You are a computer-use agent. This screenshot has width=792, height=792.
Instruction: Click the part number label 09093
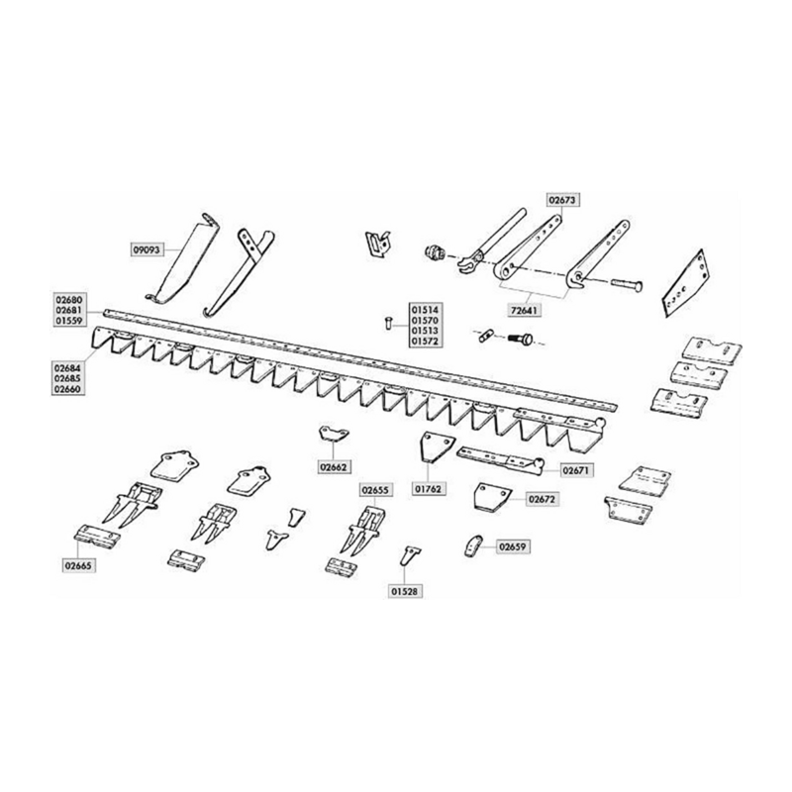(148, 249)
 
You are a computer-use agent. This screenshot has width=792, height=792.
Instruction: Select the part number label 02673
(562, 200)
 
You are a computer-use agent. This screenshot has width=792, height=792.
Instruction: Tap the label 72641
(524, 310)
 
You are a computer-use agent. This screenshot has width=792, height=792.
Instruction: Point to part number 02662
(335, 467)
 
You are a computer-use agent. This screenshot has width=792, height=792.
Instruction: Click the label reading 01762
(429, 489)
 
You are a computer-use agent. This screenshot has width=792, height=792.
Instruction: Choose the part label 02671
(576, 471)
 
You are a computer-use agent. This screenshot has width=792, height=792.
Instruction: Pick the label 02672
(542, 500)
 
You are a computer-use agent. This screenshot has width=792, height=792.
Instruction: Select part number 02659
(513, 547)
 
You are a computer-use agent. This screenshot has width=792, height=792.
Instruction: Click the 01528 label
(405, 591)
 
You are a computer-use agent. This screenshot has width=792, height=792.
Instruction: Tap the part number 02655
(376, 490)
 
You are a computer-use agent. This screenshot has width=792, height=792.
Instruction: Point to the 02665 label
(79, 565)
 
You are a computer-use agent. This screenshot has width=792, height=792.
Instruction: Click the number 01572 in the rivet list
(425, 342)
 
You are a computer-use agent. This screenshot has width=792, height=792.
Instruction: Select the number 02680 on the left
(69, 300)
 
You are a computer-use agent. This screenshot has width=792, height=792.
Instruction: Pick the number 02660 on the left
(67, 389)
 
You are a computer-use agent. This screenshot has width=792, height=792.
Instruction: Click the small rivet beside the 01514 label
(387, 322)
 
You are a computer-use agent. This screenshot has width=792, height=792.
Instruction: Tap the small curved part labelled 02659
(472, 545)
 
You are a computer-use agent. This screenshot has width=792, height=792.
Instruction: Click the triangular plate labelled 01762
(437, 446)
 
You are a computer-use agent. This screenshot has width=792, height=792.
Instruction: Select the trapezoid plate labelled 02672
(491, 497)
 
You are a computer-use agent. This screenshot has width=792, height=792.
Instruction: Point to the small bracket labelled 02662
(334, 434)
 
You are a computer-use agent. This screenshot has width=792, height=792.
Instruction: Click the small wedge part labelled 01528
(411, 556)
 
